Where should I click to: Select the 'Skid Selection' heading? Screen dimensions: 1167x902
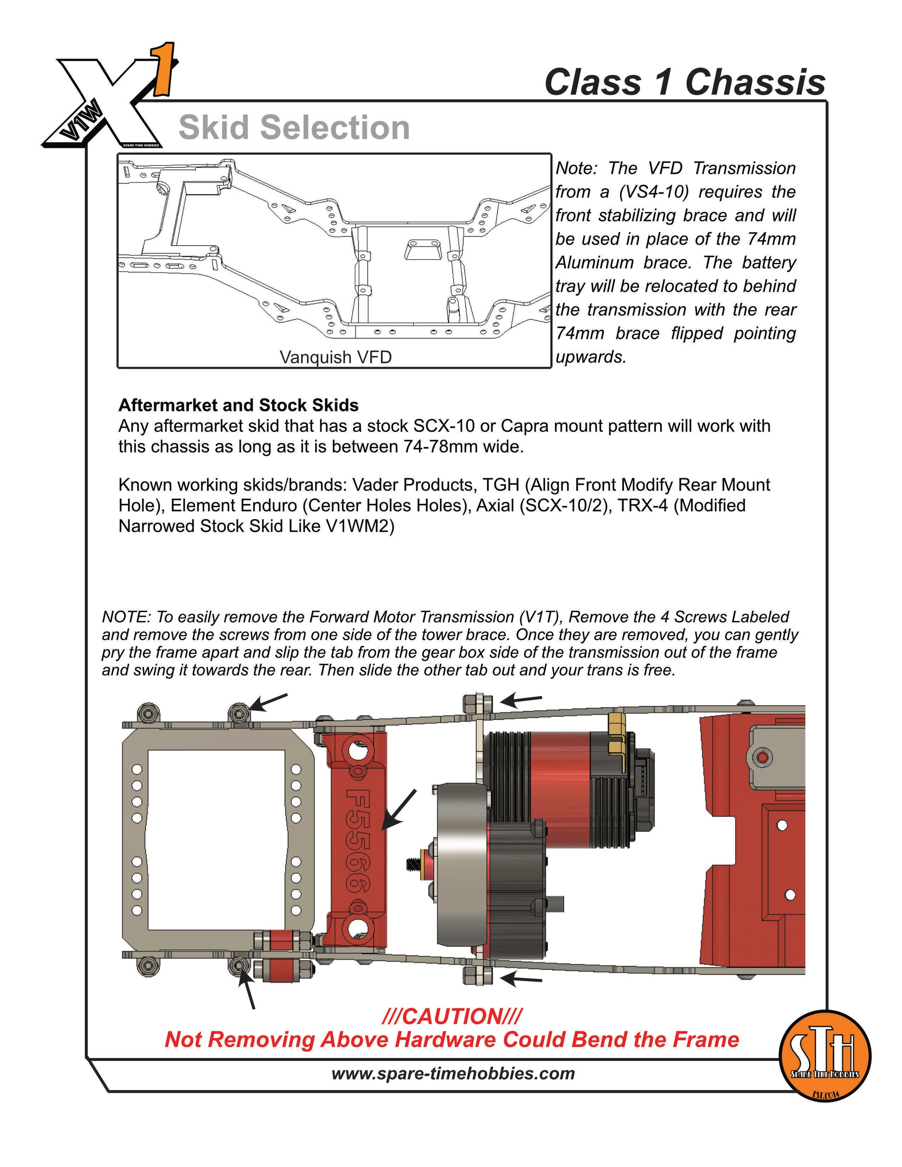[x=294, y=128]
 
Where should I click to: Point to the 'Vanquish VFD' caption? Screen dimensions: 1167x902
[x=336, y=357]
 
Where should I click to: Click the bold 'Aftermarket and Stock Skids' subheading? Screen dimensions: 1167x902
[x=238, y=405]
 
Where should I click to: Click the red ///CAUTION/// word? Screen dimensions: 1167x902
[x=452, y=1016]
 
